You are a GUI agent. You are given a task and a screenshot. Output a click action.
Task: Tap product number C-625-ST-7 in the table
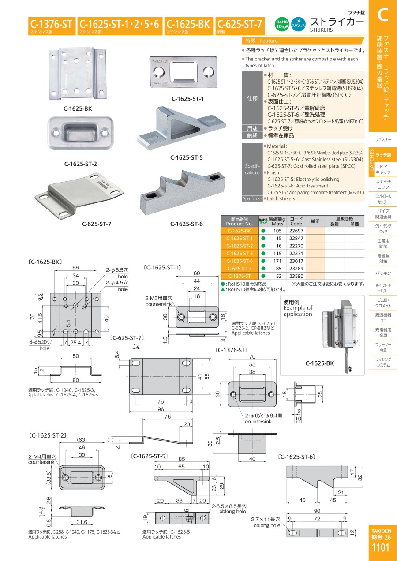click(x=240, y=268)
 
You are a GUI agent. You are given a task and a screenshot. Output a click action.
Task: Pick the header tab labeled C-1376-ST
click(x=51, y=25)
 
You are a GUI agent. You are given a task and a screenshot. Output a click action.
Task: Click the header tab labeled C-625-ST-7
click(x=240, y=25)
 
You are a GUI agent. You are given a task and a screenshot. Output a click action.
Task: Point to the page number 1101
click(x=381, y=548)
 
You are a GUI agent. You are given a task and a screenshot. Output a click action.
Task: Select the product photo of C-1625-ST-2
click(x=80, y=131)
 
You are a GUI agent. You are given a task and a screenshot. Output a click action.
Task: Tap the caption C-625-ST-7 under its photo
click(x=97, y=224)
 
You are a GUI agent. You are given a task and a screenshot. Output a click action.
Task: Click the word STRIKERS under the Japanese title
click(x=322, y=30)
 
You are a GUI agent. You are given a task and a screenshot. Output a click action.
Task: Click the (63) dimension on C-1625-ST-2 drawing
click(x=82, y=440)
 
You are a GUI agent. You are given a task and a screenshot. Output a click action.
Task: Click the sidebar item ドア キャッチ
click(x=383, y=169)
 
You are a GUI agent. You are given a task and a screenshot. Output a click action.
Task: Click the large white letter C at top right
click(x=382, y=15)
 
